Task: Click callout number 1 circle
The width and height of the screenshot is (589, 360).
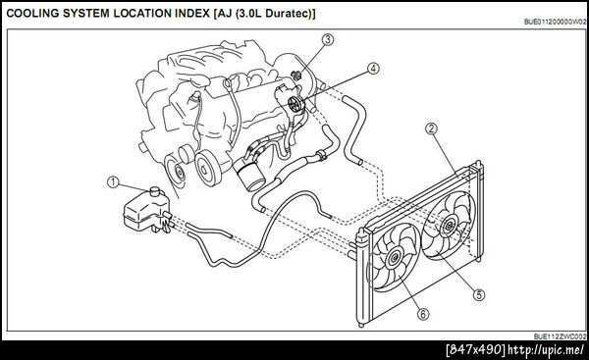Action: pyautogui.click(x=113, y=182)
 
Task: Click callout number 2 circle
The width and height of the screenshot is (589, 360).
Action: pyautogui.click(x=431, y=129)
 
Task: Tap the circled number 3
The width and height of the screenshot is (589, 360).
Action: pyautogui.click(x=328, y=39)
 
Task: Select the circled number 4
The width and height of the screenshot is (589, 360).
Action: pyautogui.click(x=373, y=69)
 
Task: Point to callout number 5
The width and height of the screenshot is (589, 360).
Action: pyautogui.click(x=479, y=294)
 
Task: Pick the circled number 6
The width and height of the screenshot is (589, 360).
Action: pyautogui.click(x=423, y=314)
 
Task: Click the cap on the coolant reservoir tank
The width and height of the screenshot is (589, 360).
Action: pyautogui.click(x=155, y=191)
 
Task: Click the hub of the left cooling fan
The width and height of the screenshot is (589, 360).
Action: pyautogui.click(x=395, y=258)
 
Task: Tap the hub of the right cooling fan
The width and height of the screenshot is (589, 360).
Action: pyautogui.click(x=449, y=226)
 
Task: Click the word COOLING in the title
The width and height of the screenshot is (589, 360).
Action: pyautogui.click(x=33, y=14)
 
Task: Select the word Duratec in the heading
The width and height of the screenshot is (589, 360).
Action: pyautogui.click(x=290, y=14)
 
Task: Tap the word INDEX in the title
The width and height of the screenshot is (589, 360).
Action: pyautogui.click(x=192, y=14)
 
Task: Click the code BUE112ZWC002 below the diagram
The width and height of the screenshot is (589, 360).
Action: pyautogui.click(x=561, y=336)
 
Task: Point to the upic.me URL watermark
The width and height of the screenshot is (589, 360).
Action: pyautogui.click(x=546, y=350)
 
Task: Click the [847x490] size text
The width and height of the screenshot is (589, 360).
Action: pyautogui.click(x=476, y=350)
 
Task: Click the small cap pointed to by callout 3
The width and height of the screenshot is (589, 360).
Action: pyautogui.click(x=297, y=76)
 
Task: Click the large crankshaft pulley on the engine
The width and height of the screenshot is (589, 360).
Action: pyautogui.click(x=208, y=168)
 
